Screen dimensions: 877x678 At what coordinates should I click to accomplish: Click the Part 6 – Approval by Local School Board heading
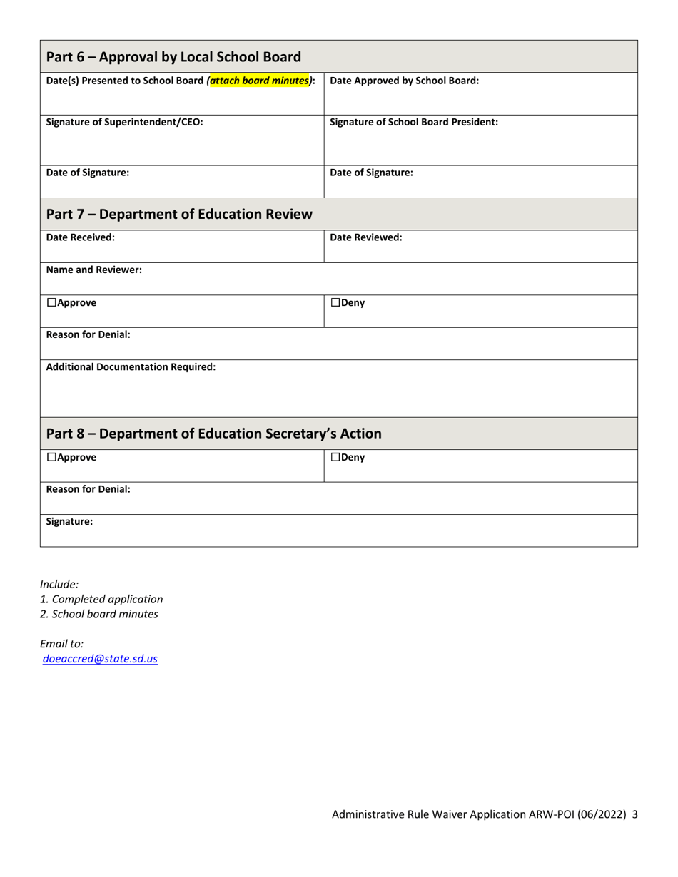pyautogui.click(x=173, y=57)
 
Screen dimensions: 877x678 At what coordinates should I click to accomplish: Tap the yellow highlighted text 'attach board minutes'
pyautogui.click(x=260, y=81)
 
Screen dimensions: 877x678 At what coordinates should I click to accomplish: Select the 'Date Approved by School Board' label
pyautogui.click(x=405, y=81)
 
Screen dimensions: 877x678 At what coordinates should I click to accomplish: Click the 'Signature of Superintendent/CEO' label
pyautogui.click(x=124, y=122)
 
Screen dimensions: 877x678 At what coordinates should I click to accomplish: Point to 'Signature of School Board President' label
pyautogui.click(x=414, y=122)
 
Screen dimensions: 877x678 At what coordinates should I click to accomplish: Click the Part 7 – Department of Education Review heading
pyautogui.click(x=179, y=214)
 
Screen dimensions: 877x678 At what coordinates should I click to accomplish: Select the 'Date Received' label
pyautogui.click(x=80, y=237)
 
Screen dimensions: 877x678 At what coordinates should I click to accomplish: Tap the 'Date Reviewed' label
pyautogui.click(x=366, y=237)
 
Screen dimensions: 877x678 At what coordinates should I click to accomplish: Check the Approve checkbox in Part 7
pyautogui.click(x=51, y=303)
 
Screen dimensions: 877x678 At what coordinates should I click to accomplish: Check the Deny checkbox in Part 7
pyautogui.click(x=335, y=303)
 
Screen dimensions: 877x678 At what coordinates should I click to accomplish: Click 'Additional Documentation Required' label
pyautogui.click(x=131, y=368)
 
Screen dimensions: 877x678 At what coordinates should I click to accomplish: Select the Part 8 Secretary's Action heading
pyautogui.click(x=213, y=434)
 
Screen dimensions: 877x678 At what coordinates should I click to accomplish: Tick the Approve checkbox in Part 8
pyautogui.click(x=51, y=458)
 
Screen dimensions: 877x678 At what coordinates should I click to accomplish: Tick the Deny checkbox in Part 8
pyautogui.click(x=335, y=458)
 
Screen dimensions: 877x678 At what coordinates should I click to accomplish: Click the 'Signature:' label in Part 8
pyautogui.click(x=69, y=522)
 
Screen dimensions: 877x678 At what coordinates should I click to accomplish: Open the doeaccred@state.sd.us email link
pyautogui.click(x=100, y=659)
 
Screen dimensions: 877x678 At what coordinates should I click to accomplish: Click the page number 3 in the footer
pyautogui.click(x=634, y=814)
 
